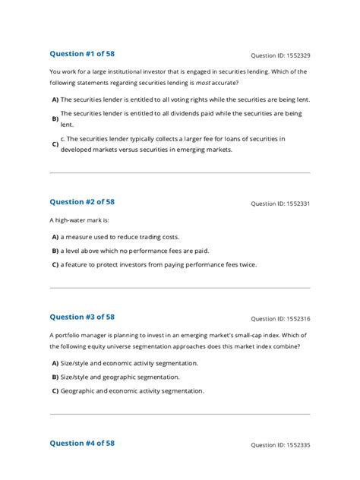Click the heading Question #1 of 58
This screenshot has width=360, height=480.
82,54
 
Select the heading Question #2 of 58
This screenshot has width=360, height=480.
82,202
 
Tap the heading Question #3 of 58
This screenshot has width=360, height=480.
82,317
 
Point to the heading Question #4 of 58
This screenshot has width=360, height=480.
82,443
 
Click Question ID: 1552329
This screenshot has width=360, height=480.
280,55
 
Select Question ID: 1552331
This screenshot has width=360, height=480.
280,204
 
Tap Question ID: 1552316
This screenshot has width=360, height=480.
280,319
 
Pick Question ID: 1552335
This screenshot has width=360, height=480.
280,445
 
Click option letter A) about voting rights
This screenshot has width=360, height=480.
55,99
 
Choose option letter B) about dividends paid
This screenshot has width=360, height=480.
55,118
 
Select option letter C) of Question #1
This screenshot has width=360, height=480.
55,144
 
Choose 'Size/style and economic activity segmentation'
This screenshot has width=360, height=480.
129,363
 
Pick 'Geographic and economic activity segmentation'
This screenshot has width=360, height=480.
132,390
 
